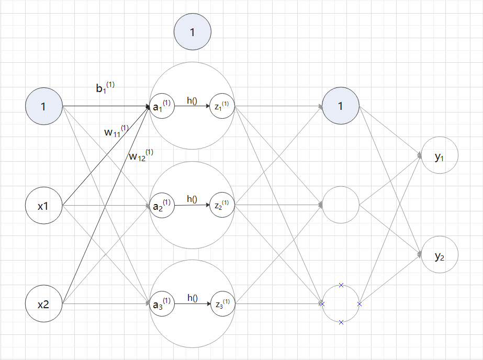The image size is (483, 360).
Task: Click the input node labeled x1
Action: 44,206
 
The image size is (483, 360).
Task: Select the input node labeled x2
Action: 44,304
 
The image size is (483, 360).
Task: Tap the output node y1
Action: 440,156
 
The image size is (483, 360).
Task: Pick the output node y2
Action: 440,255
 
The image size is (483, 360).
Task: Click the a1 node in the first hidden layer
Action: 161,107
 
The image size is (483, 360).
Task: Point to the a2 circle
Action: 161,206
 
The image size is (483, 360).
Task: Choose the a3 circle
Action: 161,304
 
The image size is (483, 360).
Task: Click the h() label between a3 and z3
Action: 192,298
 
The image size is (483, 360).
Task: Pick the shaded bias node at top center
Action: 192,32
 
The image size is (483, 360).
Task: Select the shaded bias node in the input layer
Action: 44,107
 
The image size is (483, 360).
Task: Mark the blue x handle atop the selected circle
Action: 341,285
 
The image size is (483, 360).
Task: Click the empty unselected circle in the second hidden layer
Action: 341,206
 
